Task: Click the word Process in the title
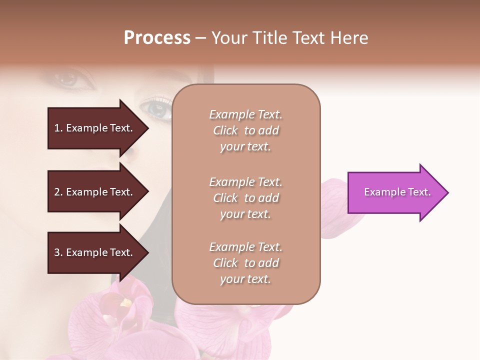[157, 38]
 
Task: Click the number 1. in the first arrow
[58, 128]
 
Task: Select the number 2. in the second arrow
[58, 192]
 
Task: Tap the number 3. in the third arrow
[58, 252]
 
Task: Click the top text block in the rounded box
[245, 130]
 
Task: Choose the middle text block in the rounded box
[245, 198]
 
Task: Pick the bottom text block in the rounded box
[245, 263]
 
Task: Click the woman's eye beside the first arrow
[156, 109]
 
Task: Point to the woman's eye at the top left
[67, 79]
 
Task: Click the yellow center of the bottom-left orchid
[125, 303]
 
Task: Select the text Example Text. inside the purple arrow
[397, 192]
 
